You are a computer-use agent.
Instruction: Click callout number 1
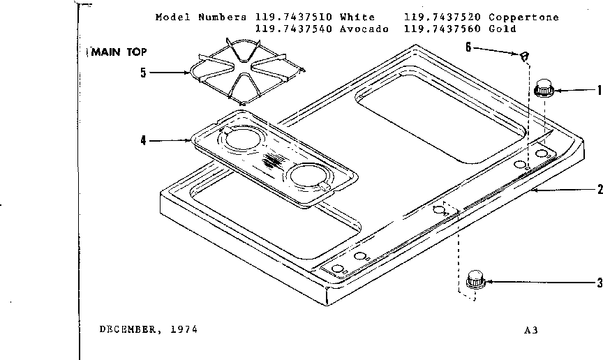(x=598, y=90)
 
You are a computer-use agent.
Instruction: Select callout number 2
(x=599, y=189)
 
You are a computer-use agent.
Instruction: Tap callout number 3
(x=599, y=283)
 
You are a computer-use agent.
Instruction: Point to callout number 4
(x=143, y=140)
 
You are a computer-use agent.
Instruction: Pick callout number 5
(x=143, y=71)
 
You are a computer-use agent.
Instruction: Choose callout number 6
(x=468, y=47)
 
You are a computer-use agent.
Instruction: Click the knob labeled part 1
(x=544, y=89)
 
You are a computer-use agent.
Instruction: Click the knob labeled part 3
(x=475, y=280)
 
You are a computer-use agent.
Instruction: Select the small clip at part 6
(x=523, y=55)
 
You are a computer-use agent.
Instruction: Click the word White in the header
(x=358, y=17)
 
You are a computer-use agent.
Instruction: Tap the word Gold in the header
(x=503, y=29)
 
